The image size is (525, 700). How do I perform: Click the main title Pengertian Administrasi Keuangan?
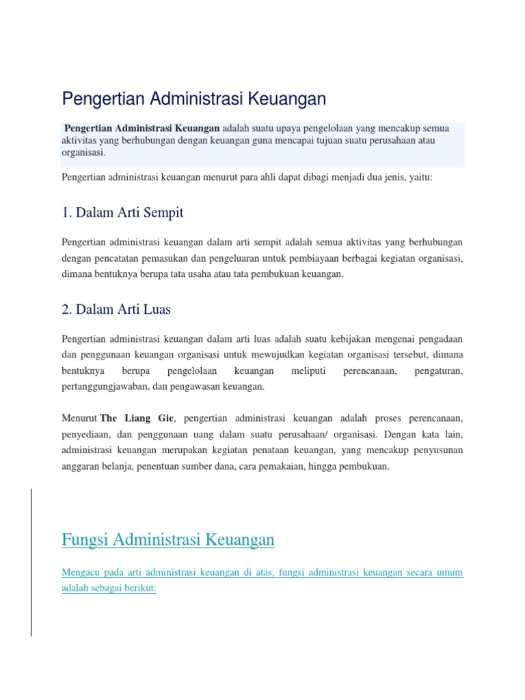193,99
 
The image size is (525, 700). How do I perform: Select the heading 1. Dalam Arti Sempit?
122,213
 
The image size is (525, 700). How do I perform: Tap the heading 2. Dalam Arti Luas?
116,309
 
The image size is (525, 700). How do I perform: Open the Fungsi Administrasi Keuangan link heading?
168,539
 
